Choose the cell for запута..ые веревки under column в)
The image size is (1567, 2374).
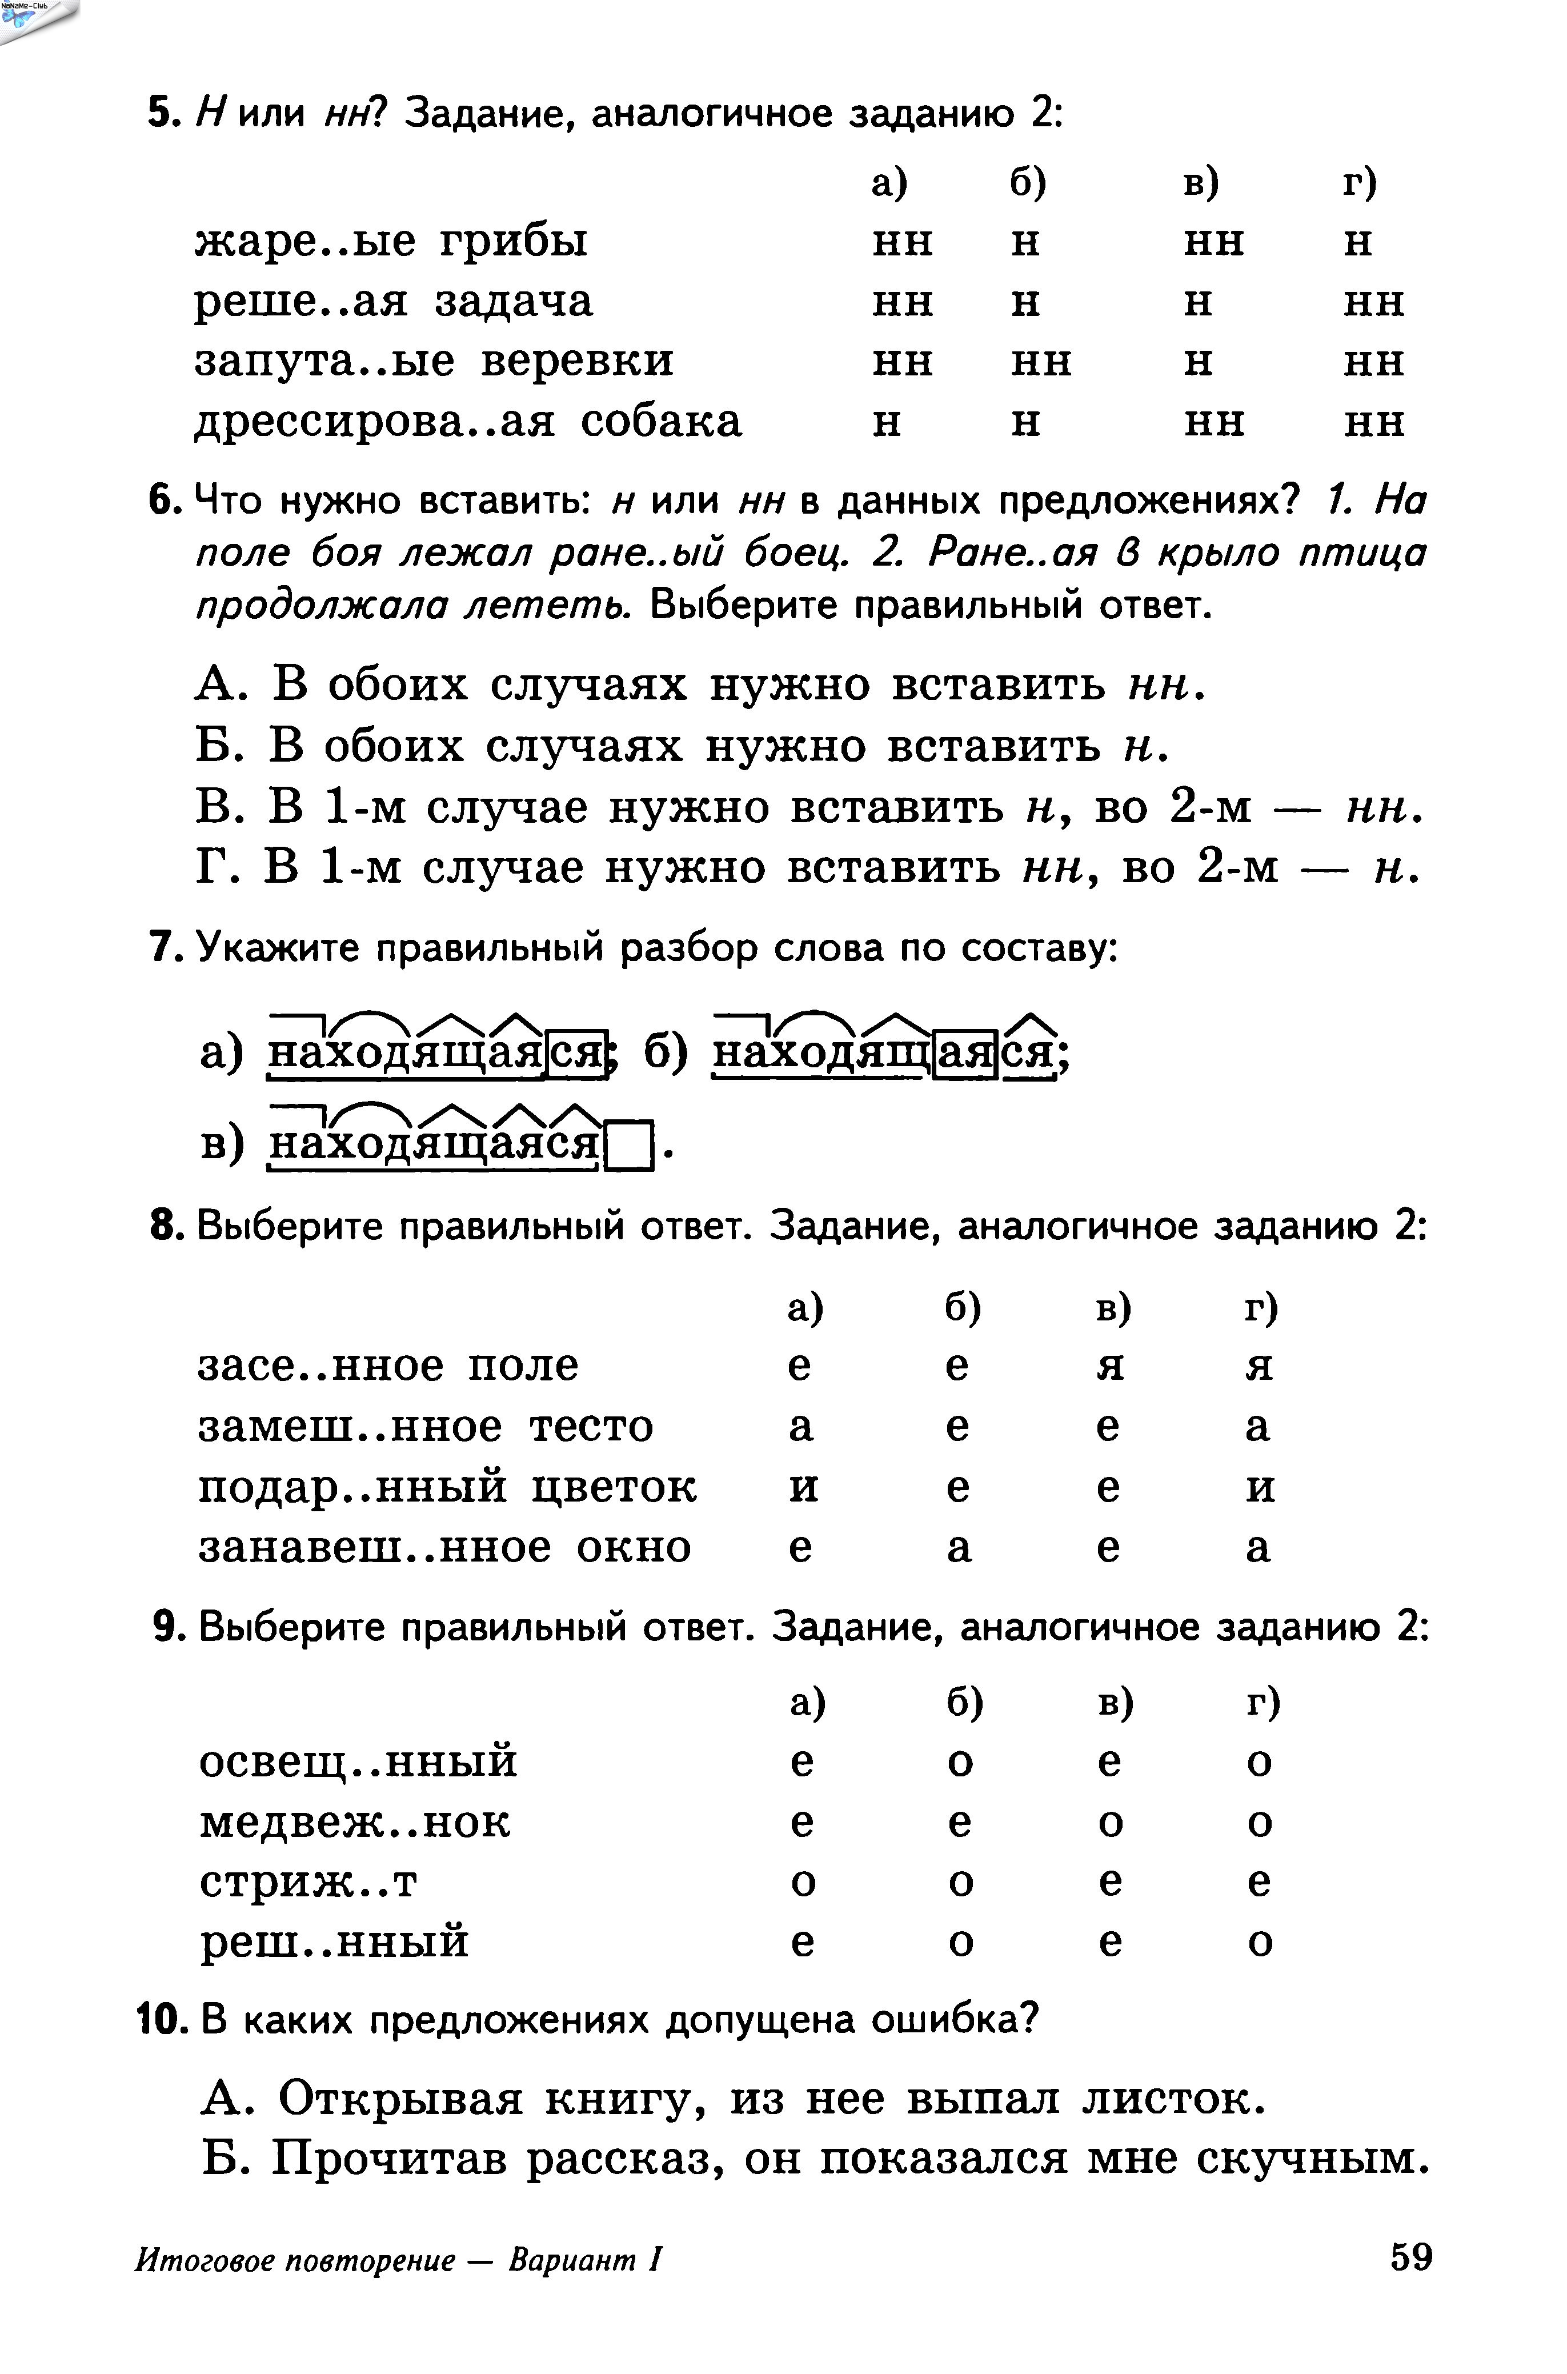coord(1198,362)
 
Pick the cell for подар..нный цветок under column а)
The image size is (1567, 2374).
coord(803,1487)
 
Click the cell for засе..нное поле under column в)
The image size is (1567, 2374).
coord(1109,1366)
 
